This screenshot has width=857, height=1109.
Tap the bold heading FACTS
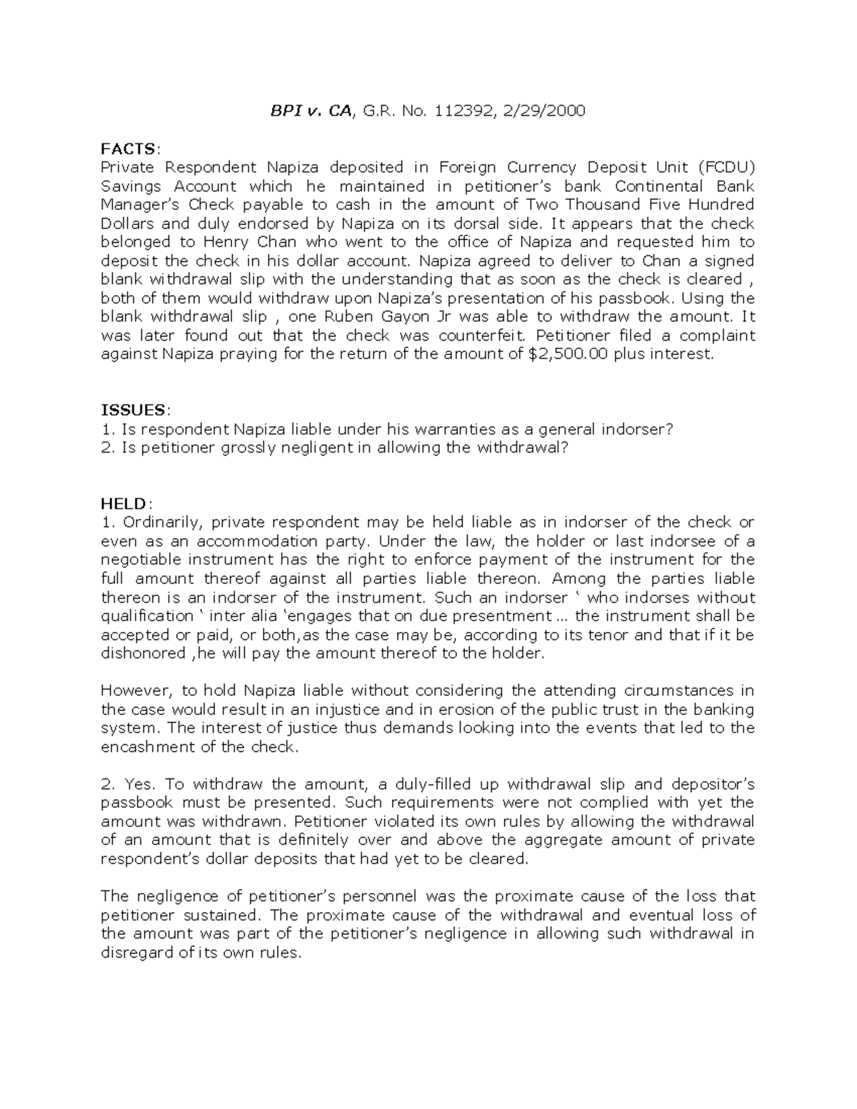(128, 149)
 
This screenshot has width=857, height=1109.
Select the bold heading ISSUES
(133, 410)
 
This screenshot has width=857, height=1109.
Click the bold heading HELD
(124, 503)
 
